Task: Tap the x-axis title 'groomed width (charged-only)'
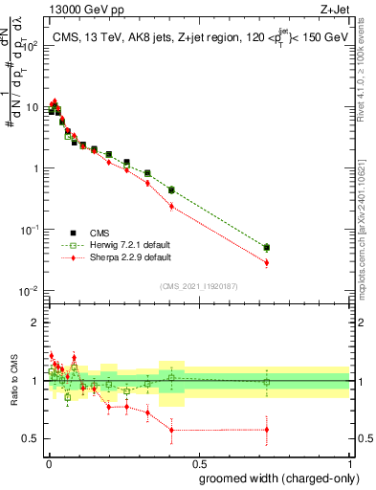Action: coord(276,477)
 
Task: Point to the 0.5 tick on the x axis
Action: coord(198,462)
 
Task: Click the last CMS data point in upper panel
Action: coord(267,247)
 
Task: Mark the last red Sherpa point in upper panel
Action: coord(267,262)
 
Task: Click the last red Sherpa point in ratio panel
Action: coord(267,430)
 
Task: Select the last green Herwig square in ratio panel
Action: coord(267,382)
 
